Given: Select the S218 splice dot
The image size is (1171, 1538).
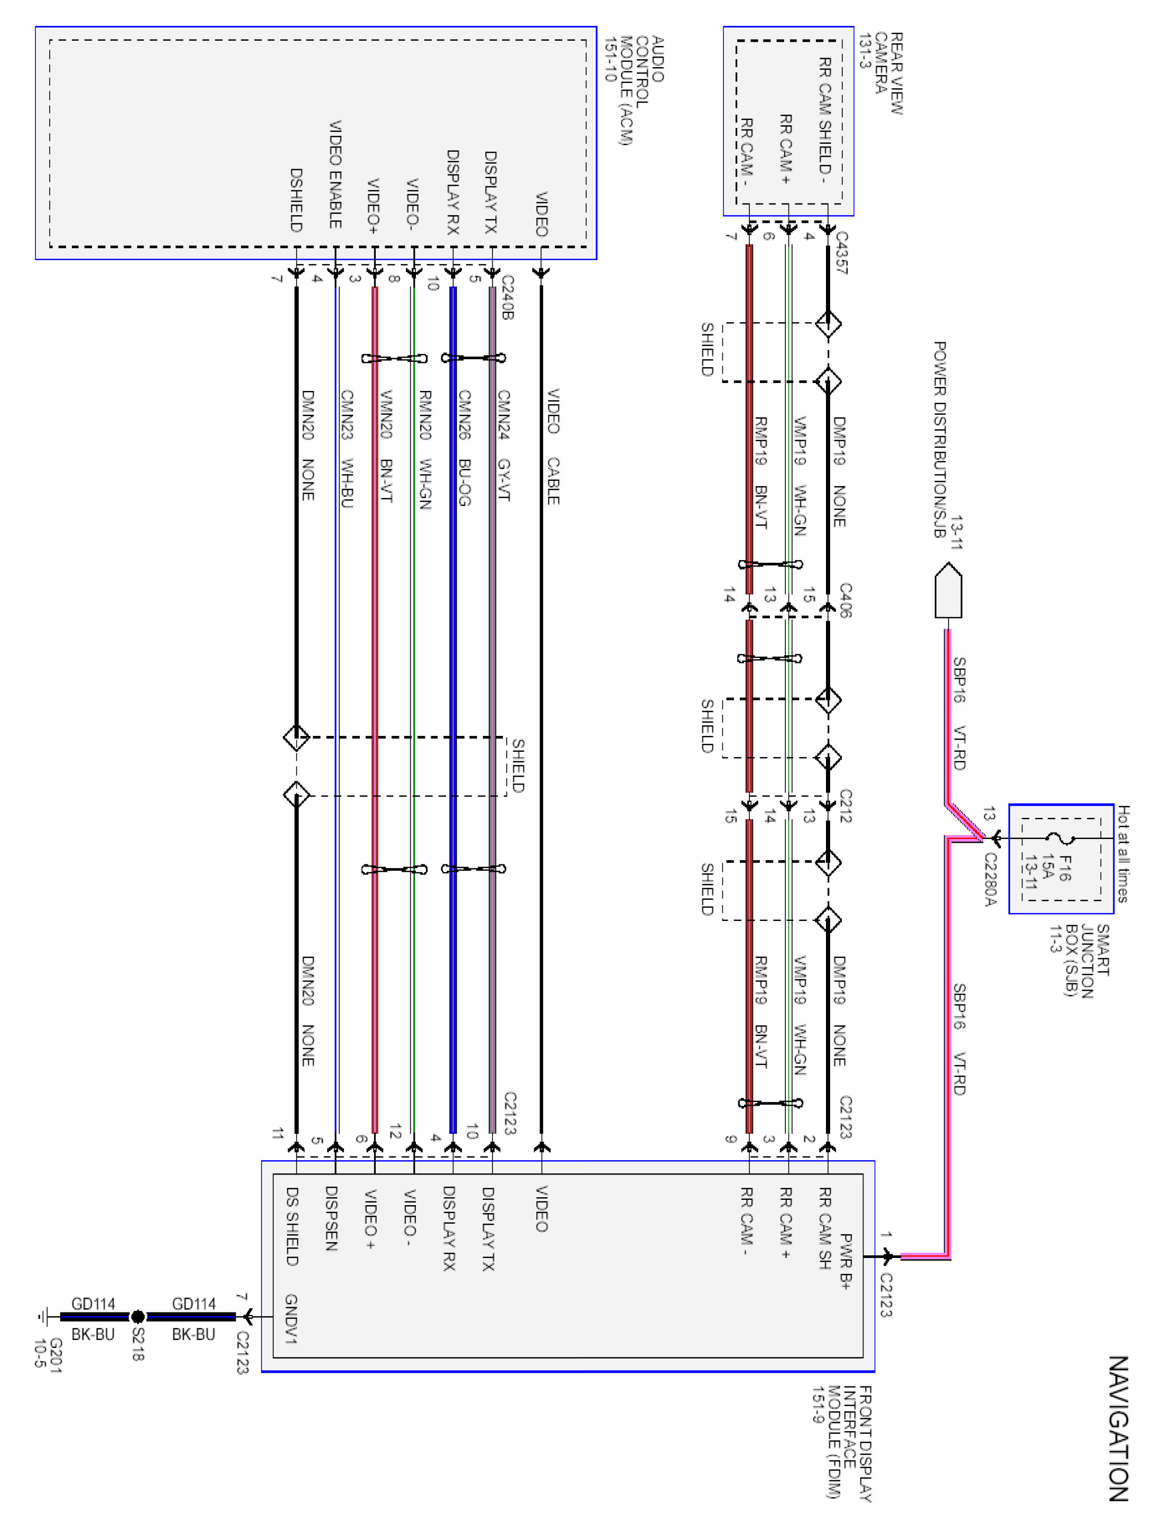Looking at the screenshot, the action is [138, 1317].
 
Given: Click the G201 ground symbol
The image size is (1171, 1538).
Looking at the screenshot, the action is [43, 1317].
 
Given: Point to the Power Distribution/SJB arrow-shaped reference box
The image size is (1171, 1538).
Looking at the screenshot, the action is [948, 590].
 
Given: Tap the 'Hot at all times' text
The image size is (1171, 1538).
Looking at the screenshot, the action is [1123, 854].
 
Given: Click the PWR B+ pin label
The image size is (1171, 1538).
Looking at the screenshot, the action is [845, 1261].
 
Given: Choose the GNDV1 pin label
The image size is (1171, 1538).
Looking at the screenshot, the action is [291, 1319].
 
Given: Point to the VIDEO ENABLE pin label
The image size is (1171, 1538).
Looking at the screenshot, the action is [335, 174].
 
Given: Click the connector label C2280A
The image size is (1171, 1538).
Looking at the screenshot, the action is [990, 880].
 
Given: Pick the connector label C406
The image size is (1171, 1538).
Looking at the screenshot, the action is [845, 600].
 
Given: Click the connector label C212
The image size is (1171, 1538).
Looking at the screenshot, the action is [845, 806].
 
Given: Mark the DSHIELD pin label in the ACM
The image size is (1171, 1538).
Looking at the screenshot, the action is [296, 200].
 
